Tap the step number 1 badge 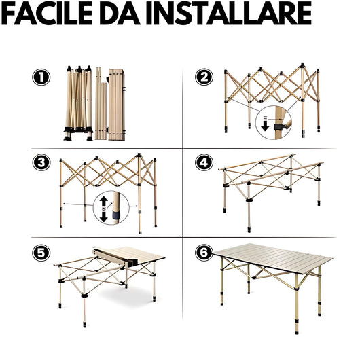41,77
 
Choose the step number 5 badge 41,253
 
